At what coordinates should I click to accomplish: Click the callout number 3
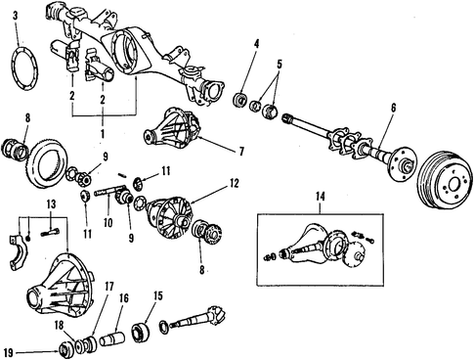pyautogui.click(x=15, y=16)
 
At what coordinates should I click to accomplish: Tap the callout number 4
pyautogui.click(x=257, y=43)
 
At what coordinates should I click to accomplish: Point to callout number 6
pyautogui.click(x=393, y=108)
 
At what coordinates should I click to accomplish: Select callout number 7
pyautogui.click(x=241, y=152)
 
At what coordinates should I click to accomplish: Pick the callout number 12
pyautogui.click(x=234, y=183)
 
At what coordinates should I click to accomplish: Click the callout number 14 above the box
pyautogui.click(x=320, y=197)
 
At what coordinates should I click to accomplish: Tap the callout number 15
pyautogui.click(x=158, y=296)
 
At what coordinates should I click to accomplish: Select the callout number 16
pyautogui.click(x=123, y=298)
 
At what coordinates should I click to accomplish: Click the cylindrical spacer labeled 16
pyautogui.click(x=112, y=339)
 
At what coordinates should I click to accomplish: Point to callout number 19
pyautogui.click(x=9, y=352)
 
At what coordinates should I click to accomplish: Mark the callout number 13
pyautogui.click(x=51, y=204)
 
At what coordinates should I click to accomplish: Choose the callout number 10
pyautogui.click(x=108, y=223)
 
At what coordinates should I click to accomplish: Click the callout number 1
pyautogui.click(x=103, y=134)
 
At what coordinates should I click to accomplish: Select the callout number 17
pyautogui.click(x=109, y=287)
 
